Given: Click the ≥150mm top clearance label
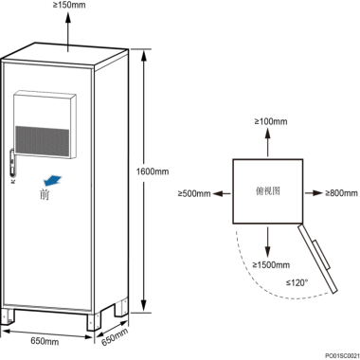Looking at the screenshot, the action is click(x=69, y=5).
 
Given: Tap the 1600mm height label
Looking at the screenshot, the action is click(x=153, y=171).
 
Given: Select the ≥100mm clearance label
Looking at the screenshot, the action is click(x=271, y=121).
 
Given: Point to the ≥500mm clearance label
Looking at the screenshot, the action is click(x=194, y=193).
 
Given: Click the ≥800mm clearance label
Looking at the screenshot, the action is click(x=341, y=192).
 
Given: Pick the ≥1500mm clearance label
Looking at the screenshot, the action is click(x=271, y=264).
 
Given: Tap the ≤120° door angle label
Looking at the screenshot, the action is click(x=297, y=282).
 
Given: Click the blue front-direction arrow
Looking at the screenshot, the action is click(x=52, y=181).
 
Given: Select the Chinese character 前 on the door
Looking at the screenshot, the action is click(x=45, y=194).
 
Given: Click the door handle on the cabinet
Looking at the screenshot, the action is click(x=11, y=164).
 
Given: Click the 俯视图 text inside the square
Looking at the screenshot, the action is click(x=268, y=190).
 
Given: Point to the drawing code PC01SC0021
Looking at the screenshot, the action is click(x=342, y=355).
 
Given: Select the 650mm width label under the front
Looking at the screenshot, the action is click(x=45, y=341).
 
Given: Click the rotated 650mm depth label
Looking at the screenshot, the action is click(x=115, y=336).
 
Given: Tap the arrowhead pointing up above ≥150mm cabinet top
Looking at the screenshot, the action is click(x=68, y=17).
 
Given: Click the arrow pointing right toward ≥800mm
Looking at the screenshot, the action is click(x=314, y=192).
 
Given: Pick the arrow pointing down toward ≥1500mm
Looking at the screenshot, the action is click(x=268, y=243).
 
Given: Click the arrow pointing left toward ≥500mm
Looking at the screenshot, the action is click(x=222, y=193).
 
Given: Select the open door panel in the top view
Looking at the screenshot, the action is click(x=318, y=259).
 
